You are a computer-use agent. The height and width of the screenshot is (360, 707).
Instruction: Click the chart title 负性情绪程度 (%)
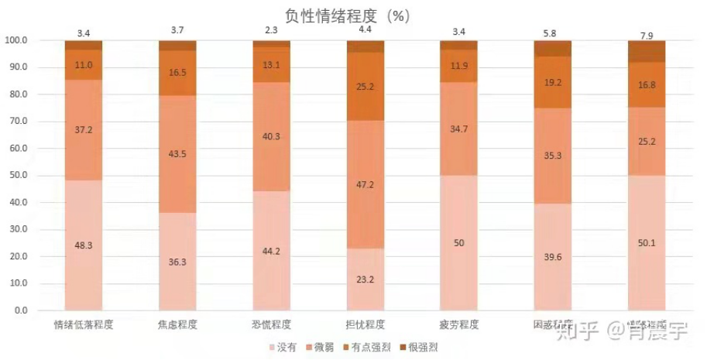[x=354, y=15]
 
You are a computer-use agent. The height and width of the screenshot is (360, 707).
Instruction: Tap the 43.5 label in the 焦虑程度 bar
[x=177, y=154]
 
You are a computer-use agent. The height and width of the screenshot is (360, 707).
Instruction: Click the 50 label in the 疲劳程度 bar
[x=458, y=243]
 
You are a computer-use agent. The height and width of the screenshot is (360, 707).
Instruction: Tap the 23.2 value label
[x=365, y=279]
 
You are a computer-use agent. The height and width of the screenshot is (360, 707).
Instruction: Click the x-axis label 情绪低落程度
[x=84, y=324]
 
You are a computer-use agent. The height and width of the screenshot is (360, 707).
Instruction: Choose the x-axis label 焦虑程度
[x=177, y=324]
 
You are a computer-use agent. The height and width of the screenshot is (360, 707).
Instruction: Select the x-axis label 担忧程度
[x=365, y=324]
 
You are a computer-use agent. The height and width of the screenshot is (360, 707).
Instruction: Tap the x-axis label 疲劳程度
[x=458, y=324]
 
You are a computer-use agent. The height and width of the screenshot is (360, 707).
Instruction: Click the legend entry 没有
[x=285, y=348]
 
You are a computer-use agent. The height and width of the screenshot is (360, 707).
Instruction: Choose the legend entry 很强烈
[x=422, y=348]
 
